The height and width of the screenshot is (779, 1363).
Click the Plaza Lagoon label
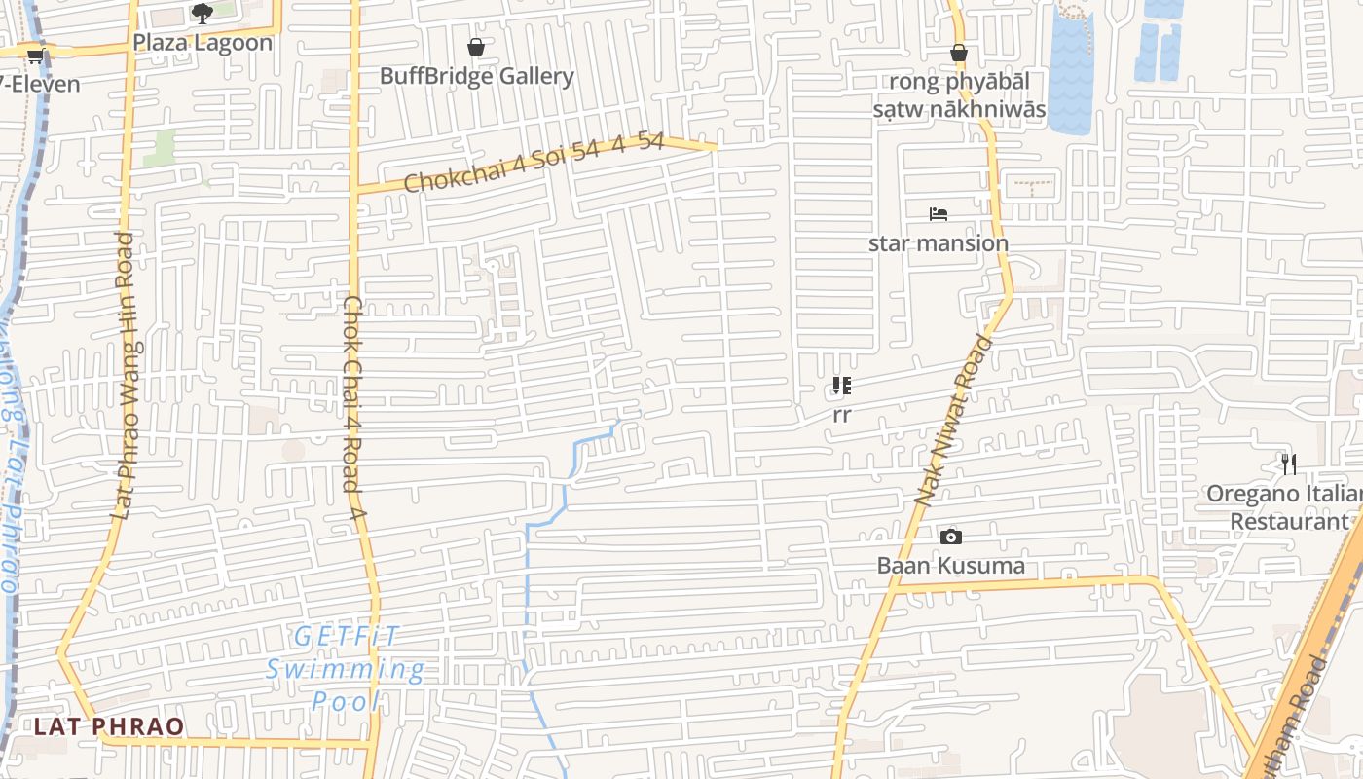coord(203,43)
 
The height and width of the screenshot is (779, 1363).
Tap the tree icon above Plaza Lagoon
coord(203,14)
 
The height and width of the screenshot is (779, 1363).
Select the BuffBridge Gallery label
coord(477,76)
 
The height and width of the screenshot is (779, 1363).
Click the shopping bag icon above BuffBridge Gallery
coord(476,47)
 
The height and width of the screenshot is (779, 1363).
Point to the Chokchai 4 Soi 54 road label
coord(534,162)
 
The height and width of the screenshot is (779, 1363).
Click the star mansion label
coord(939,242)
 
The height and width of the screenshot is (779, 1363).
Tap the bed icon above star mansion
coord(939,214)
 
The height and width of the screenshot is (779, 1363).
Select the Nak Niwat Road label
coord(954,421)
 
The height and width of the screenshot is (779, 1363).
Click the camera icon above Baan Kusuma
coord(951,537)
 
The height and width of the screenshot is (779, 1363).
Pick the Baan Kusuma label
coord(951,566)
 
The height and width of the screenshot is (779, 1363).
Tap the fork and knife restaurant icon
coord(1289,464)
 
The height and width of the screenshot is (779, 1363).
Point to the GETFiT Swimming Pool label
coord(346,669)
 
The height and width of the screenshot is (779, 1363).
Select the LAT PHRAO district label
coord(108,726)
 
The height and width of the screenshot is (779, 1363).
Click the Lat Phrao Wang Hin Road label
coord(126,375)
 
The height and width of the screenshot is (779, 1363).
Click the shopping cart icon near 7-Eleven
coord(36,56)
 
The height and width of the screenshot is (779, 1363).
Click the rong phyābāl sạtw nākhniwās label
coord(959,94)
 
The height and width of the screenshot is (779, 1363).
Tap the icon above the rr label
coord(842,387)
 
